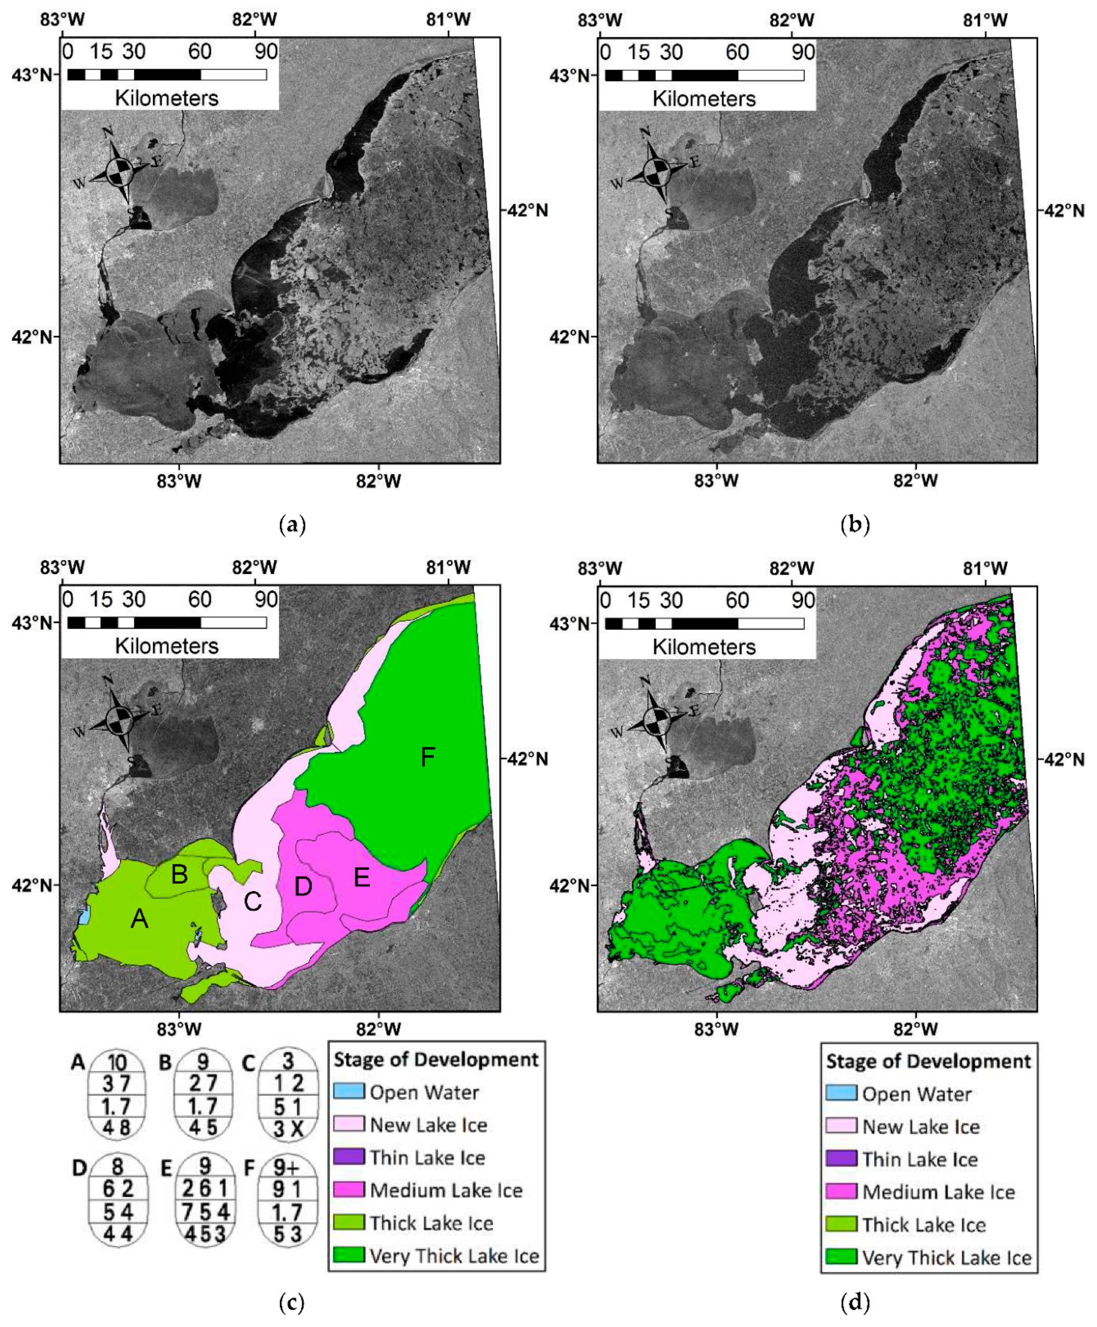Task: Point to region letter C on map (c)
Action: coord(253,901)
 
